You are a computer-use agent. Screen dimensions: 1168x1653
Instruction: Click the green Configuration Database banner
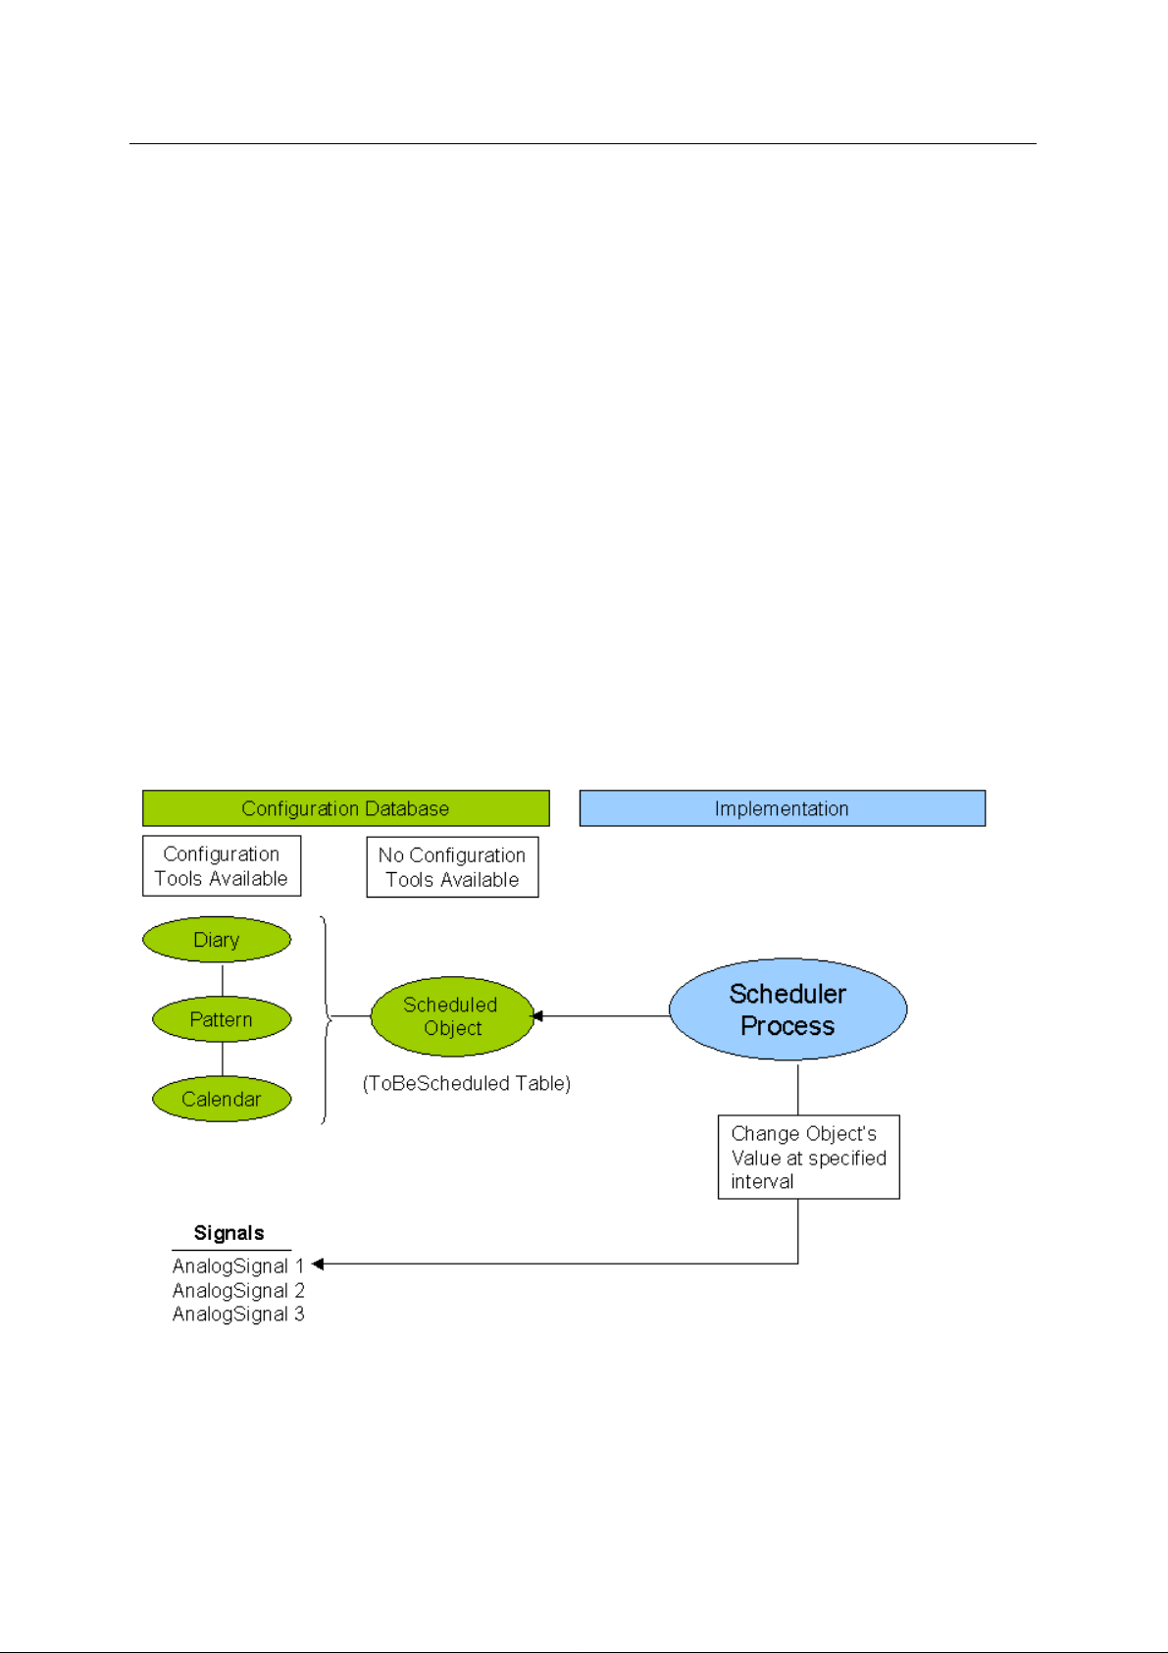pyautogui.click(x=345, y=808)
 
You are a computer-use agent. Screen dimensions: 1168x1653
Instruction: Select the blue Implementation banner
pyautogui.click(x=783, y=808)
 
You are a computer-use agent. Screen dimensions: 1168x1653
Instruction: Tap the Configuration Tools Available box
pyautogui.click(x=222, y=865)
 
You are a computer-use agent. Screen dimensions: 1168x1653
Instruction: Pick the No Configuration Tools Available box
pyautogui.click(x=452, y=867)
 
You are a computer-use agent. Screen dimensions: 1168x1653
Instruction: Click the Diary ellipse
pyautogui.click(x=216, y=940)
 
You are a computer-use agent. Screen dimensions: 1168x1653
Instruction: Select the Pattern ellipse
pyautogui.click(x=222, y=1019)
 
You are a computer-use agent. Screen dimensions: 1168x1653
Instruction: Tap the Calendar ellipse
pyautogui.click(x=222, y=1099)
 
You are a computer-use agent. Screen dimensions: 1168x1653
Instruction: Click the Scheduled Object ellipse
pyautogui.click(x=451, y=1016)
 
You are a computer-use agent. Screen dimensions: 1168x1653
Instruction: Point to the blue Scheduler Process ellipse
pyautogui.click(x=788, y=1009)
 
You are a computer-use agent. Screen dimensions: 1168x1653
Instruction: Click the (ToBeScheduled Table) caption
pyautogui.click(x=466, y=1083)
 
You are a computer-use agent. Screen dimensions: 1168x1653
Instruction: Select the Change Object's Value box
pyautogui.click(x=809, y=1158)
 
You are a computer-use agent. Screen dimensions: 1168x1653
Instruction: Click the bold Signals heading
pyautogui.click(x=229, y=1233)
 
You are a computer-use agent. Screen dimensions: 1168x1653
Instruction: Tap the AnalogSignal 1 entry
pyautogui.click(x=238, y=1266)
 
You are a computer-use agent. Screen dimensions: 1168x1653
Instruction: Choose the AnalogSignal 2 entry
pyautogui.click(x=238, y=1291)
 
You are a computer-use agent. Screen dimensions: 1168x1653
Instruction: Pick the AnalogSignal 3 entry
pyautogui.click(x=238, y=1315)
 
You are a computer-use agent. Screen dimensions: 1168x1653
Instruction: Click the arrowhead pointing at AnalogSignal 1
pyautogui.click(x=318, y=1265)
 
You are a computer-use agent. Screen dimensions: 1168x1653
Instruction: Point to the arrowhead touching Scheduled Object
pyautogui.click(x=536, y=1016)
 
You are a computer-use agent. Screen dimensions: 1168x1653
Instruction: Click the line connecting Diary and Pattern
pyautogui.click(x=222, y=979)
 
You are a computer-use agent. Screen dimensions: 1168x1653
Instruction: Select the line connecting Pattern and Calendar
pyautogui.click(x=222, y=1059)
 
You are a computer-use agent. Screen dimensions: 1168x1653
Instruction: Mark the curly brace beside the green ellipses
pyautogui.click(x=327, y=1019)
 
